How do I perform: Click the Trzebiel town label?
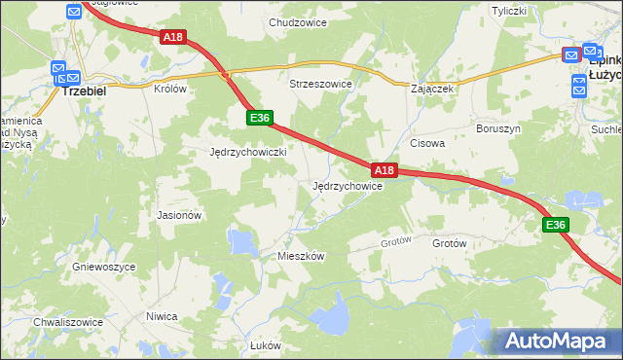click(83, 88)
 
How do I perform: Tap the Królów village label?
click(169, 88)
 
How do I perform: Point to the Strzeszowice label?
click(320, 85)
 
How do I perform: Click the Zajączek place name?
click(433, 88)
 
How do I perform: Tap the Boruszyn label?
click(499, 128)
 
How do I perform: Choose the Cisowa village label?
click(427, 143)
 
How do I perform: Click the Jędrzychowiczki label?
click(247, 153)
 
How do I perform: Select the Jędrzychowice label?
click(347, 186)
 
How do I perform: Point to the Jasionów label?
click(179, 215)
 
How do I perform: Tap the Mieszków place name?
click(301, 255)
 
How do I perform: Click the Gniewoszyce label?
click(95, 265)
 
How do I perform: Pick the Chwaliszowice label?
click(68, 321)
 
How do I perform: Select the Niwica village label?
click(161, 316)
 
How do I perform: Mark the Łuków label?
click(265, 345)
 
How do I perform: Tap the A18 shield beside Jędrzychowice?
click(385, 170)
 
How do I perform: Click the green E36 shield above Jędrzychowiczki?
click(258, 118)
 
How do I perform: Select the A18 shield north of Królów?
click(172, 37)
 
